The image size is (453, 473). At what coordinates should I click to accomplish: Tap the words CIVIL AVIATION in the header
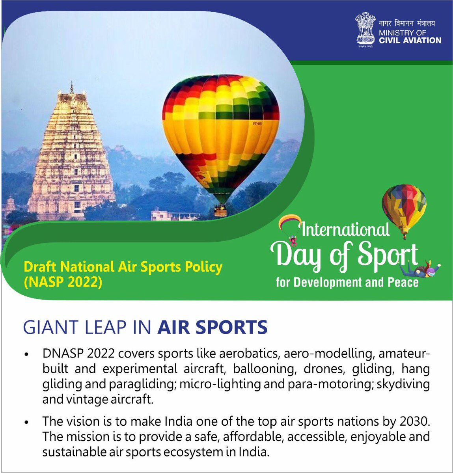[x=410, y=40]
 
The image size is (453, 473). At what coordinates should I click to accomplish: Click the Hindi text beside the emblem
[x=407, y=23]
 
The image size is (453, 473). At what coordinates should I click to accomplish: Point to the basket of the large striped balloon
[x=220, y=211]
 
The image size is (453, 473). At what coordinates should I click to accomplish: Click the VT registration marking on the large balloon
[x=257, y=124]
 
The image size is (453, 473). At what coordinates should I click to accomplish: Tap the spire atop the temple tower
[x=71, y=88]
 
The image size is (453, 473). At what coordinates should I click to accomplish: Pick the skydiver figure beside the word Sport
[x=420, y=270]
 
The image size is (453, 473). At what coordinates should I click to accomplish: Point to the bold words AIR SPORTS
[x=212, y=328]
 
